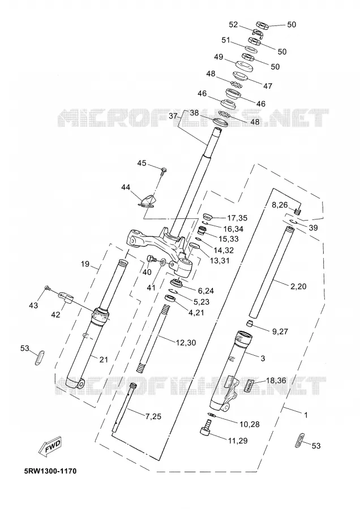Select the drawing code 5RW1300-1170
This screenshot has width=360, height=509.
[x=50, y=471]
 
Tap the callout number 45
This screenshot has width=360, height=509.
[x=142, y=163]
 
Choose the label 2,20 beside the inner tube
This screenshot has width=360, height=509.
[x=298, y=286]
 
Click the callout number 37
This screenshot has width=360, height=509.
[x=174, y=116]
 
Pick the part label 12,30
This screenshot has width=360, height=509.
[x=186, y=343]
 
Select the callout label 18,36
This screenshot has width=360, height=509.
[x=276, y=380]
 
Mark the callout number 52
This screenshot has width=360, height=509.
[x=234, y=25]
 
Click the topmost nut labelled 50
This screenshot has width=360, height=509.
[x=262, y=25]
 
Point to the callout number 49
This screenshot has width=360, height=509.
[x=218, y=57]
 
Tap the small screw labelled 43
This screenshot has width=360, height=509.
[x=48, y=288]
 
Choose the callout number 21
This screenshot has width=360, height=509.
[x=104, y=359]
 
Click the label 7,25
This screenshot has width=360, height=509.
[x=153, y=416]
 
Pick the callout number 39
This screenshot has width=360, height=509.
[x=313, y=228]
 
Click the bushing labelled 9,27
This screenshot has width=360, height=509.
[x=249, y=324]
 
